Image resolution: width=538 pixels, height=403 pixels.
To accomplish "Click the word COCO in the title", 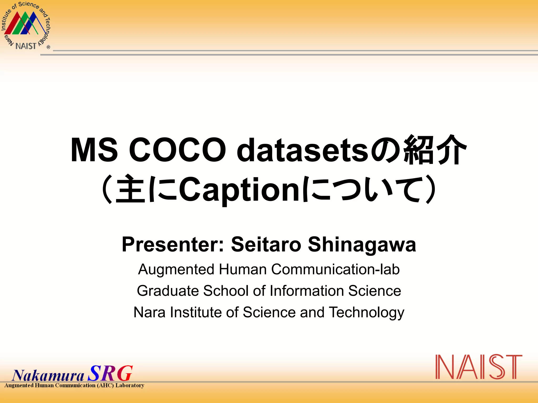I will (x=177, y=150).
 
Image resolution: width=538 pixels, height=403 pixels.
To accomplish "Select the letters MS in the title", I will (x=94, y=150).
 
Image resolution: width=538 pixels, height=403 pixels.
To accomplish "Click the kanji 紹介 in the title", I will (x=435, y=150).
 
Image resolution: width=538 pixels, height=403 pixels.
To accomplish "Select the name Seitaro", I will (x=266, y=245).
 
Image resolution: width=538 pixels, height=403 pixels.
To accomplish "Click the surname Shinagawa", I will (x=362, y=245).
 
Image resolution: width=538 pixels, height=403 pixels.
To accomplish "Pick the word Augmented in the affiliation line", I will (x=176, y=269).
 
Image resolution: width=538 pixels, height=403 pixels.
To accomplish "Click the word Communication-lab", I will (x=335, y=269).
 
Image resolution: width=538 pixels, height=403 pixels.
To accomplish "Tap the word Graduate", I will (x=168, y=291).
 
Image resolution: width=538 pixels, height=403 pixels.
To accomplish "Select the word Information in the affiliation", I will (x=307, y=291).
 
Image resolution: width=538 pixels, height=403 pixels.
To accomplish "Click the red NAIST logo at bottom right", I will (x=479, y=367).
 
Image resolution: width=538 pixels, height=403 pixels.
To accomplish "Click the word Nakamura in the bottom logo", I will (x=48, y=375).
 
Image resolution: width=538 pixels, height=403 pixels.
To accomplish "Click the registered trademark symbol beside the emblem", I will (x=48, y=47).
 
